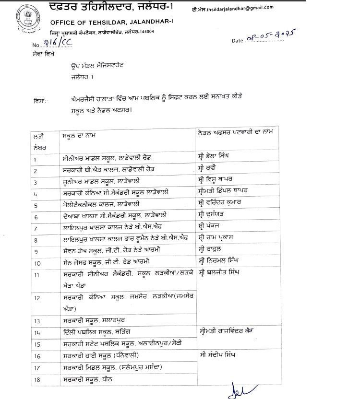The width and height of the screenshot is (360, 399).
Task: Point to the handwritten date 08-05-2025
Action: [x=271, y=37]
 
